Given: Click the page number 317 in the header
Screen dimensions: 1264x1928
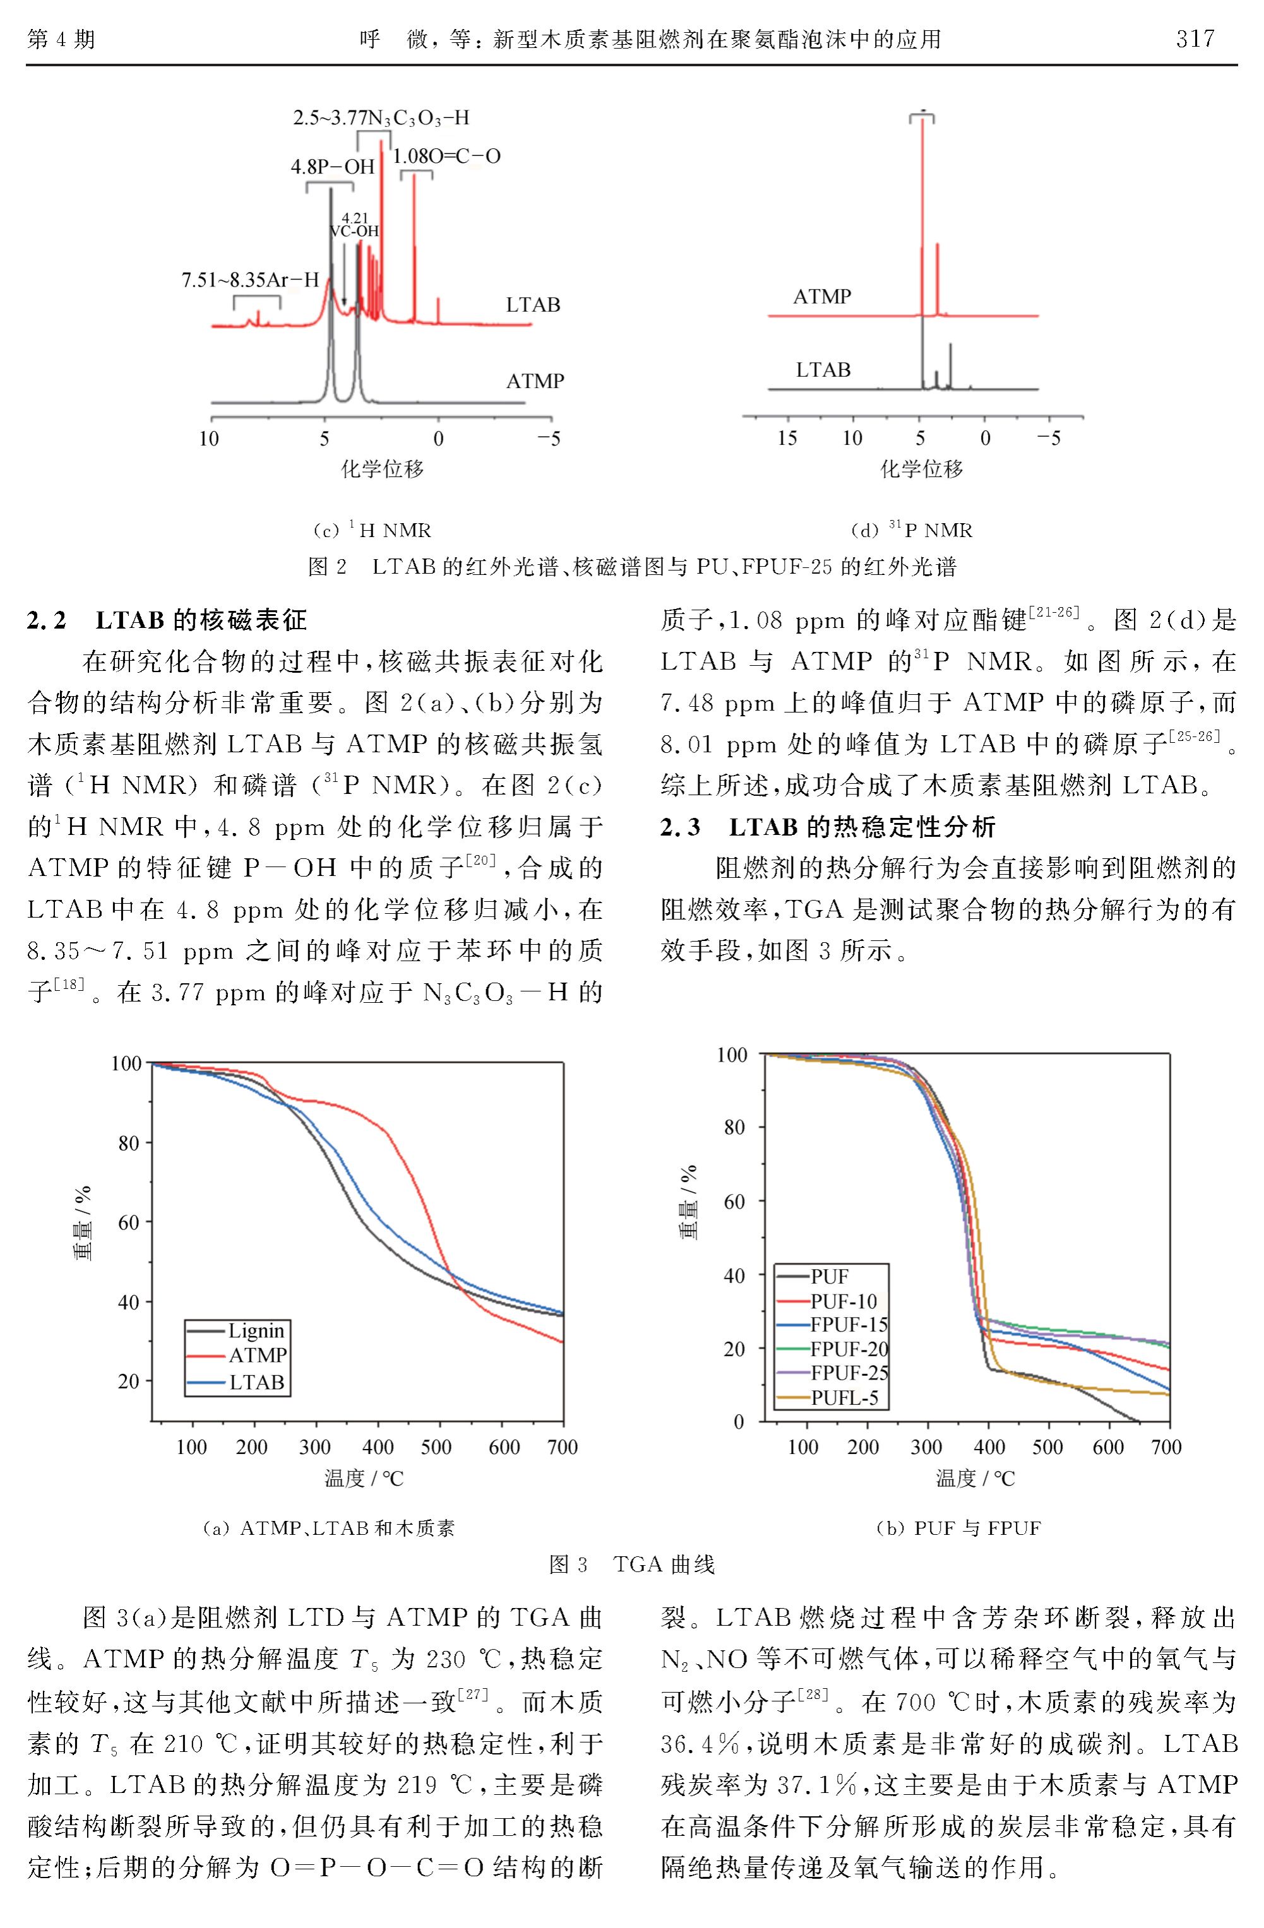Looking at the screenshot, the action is (1195, 38).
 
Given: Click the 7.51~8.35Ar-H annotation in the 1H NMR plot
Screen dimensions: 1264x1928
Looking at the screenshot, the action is (251, 280).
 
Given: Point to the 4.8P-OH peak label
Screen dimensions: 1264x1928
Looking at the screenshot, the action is (333, 167).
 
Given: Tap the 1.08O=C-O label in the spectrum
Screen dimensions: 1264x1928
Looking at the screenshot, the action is (446, 157).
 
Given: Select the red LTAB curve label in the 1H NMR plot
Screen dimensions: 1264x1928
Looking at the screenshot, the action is (533, 305).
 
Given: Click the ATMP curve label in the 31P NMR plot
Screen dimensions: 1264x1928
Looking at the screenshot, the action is (823, 297).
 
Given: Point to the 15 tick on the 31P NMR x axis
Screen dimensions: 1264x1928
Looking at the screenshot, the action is (787, 438).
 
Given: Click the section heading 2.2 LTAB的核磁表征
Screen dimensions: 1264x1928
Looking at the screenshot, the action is (167, 620).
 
